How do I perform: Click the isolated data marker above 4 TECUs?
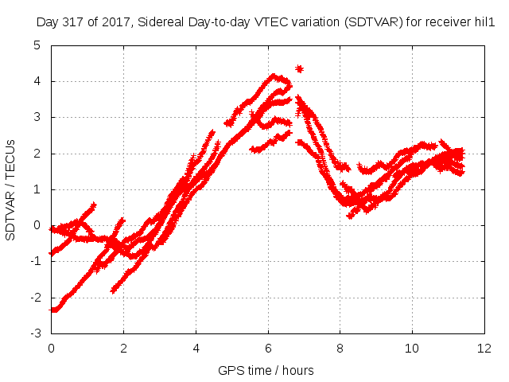pyautogui.click(x=299, y=69)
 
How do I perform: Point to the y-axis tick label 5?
pyautogui.click(x=37, y=45)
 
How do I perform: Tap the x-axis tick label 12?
pyautogui.click(x=484, y=349)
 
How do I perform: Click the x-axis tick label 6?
pyautogui.click(x=268, y=349)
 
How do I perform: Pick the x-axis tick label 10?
pyautogui.click(x=412, y=349)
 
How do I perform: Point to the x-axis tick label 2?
pyautogui.click(x=124, y=349)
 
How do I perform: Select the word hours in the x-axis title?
pyautogui.click(x=297, y=370)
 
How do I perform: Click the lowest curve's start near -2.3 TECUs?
pyautogui.click(x=53, y=310)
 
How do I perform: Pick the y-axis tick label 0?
pyautogui.click(x=37, y=225)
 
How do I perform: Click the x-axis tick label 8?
pyautogui.click(x=340, y=349)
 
